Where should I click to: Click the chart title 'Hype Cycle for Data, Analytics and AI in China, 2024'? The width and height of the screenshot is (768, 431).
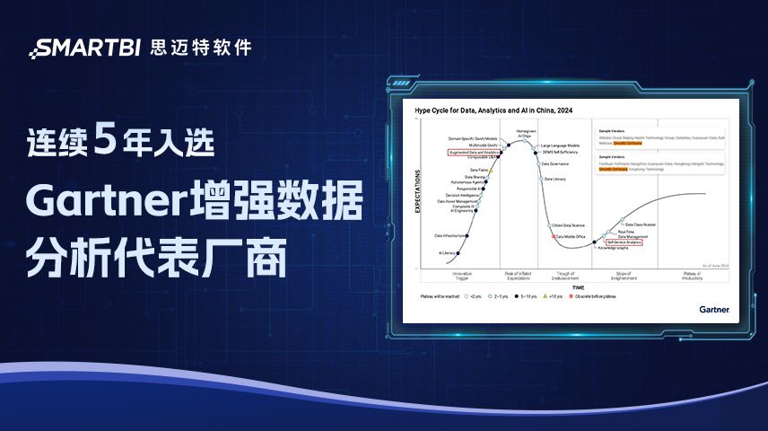click(x=493, y=110)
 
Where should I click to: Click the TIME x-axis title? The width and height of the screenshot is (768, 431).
click(x=577, y=286)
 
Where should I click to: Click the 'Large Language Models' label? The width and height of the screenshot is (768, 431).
click(x=562, y=145)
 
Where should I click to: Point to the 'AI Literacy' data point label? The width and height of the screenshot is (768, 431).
click(x=447, y=253)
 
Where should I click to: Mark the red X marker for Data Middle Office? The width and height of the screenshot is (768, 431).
click(x=554, y=236)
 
